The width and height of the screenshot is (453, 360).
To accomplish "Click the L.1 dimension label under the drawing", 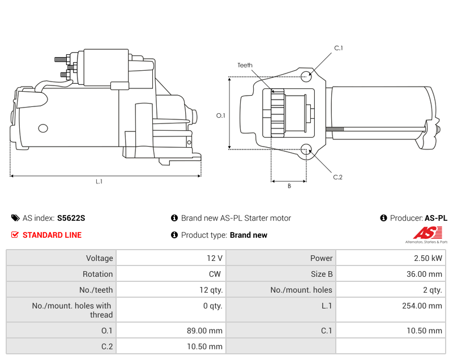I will (99, 182).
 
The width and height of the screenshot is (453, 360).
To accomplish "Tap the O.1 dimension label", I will (221, 115).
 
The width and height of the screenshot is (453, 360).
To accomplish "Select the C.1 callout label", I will (338, 48).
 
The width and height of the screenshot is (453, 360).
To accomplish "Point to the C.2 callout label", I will (337, 177).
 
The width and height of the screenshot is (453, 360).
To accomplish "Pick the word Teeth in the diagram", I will (245, 66).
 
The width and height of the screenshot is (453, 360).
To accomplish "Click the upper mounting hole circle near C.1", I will (306, 76).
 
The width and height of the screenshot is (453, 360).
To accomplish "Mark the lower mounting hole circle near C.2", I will (306, 150).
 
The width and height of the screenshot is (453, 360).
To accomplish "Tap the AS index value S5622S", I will (71, 218).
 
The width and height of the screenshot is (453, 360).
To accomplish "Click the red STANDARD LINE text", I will (52, 235).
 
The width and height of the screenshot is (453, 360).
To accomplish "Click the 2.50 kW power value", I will (431, 258).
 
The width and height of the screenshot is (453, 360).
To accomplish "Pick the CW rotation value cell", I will (216, 274).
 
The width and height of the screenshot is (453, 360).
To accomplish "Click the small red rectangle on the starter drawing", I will (119, 85).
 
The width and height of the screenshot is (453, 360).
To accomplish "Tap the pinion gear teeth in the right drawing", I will (277, 113).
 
